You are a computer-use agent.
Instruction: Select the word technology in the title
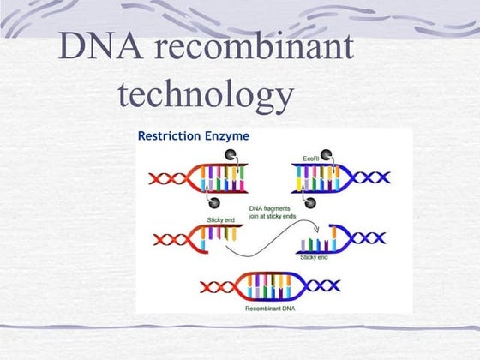point(205,95)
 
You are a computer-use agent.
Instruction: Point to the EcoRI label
point(312,159)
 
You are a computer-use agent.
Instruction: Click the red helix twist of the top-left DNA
point(168,179)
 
